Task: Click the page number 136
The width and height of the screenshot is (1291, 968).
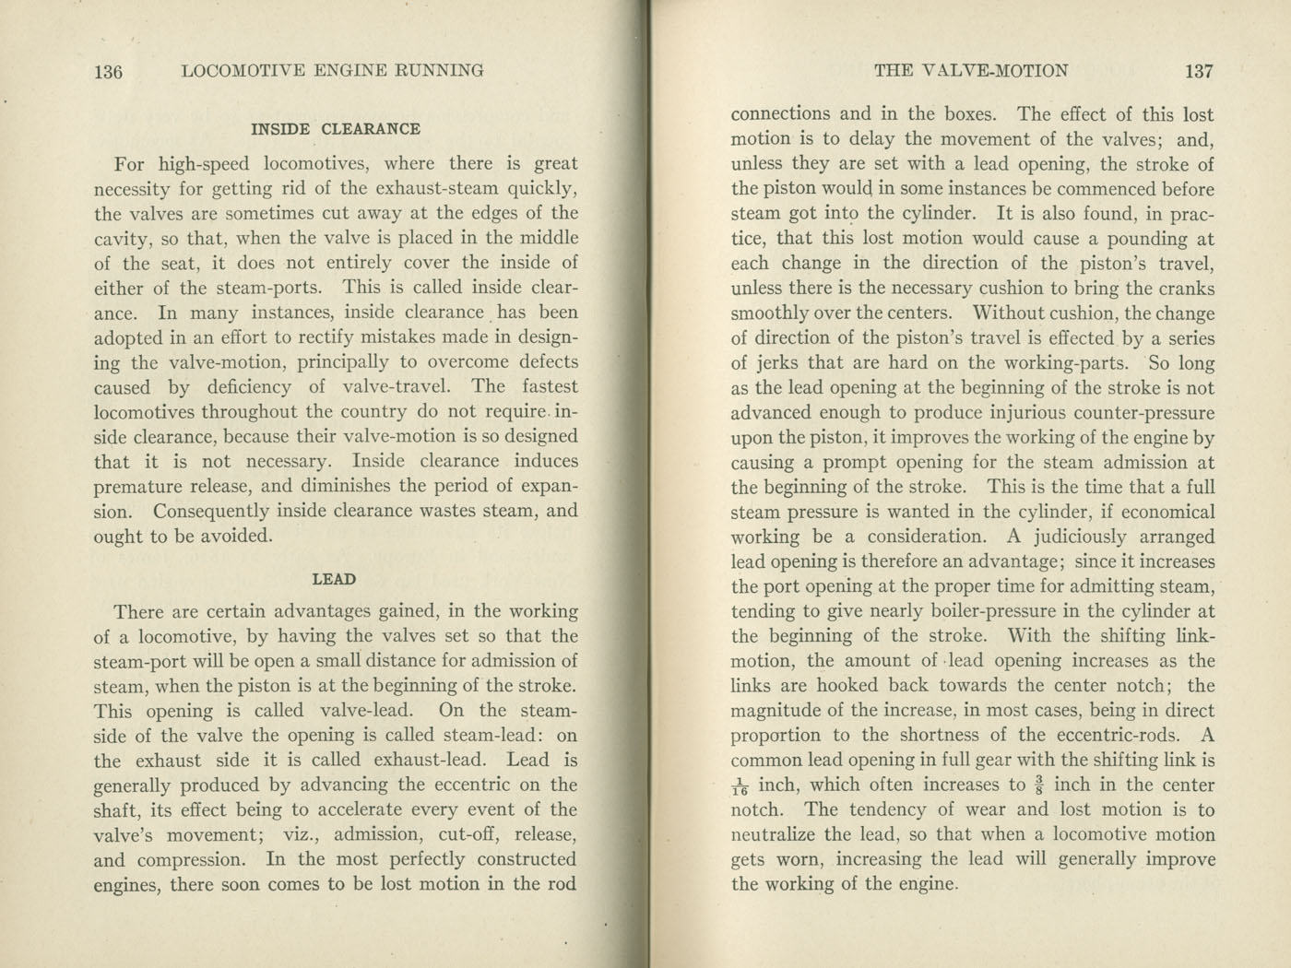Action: (x=108, y=71)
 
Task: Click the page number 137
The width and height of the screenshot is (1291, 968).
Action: (x=1200, y=71)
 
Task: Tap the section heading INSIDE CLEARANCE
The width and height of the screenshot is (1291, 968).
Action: (x=336, y=129)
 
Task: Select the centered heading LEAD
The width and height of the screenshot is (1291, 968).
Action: (x=334, y=579)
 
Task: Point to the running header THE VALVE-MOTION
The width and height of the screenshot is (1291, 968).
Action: (x=971, y=71)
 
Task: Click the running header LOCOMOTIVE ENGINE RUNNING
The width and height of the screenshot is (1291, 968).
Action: (x=333, y=71)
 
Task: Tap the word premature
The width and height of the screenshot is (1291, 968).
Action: (x=141, y=487)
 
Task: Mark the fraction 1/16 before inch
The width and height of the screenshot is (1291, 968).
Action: (x=740, y=786)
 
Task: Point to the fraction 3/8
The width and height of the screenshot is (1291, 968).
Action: (x=1038, y=785)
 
